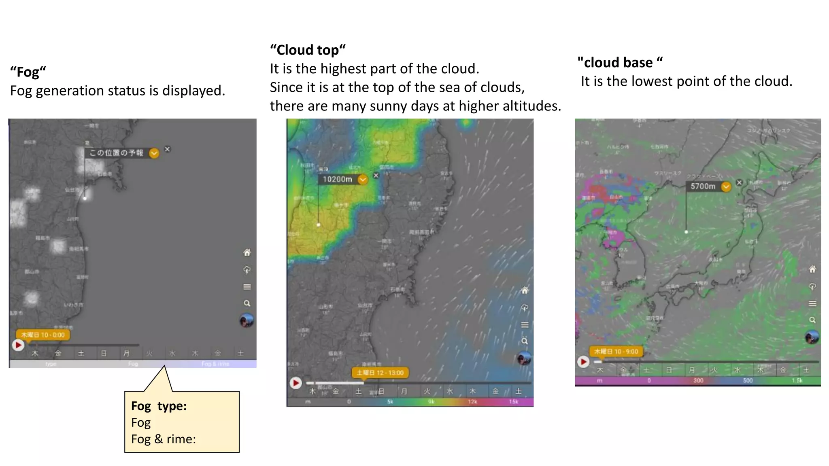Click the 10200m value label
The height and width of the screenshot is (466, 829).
(x=338, y=179)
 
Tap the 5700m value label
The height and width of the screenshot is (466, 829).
(x=703, y=186)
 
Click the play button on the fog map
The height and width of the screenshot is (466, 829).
(x=18, y=345)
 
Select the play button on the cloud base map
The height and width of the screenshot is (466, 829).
(x=583, y=361)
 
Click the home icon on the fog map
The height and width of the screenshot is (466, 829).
(x=247, y=253)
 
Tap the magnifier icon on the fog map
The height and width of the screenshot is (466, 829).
(x=247, y=303)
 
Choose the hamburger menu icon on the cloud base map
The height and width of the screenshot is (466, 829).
(x=812, y=304)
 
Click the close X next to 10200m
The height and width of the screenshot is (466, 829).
(x=376, y=175)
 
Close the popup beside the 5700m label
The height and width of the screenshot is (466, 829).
(x=739, y=182)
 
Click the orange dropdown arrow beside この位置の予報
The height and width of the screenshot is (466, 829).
(x=154, y=153)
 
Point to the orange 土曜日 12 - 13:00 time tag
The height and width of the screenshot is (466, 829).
(x=380, y=373)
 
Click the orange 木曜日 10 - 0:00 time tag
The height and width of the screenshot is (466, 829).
(x=43, y=335)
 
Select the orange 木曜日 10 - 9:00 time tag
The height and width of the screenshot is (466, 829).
(x=616, y=352)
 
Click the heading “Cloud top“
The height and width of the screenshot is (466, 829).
(x=308, y=50)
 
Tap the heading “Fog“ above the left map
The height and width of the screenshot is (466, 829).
(x=28, y=72)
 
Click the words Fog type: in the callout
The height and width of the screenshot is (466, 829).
(x=159, y=406)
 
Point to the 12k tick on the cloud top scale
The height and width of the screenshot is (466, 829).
(x=472, y=402)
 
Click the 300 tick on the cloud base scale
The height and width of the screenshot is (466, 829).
(x=698, y=381)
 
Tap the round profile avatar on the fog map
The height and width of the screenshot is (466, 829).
(x=247, y=321)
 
